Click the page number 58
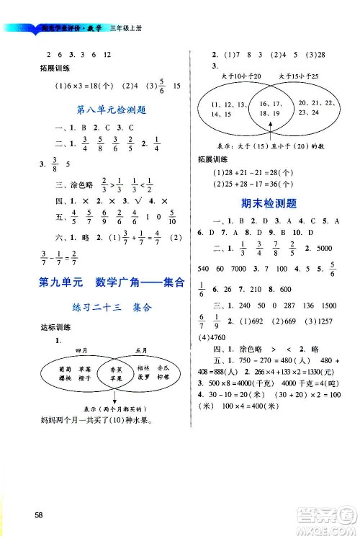pos(27,514)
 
